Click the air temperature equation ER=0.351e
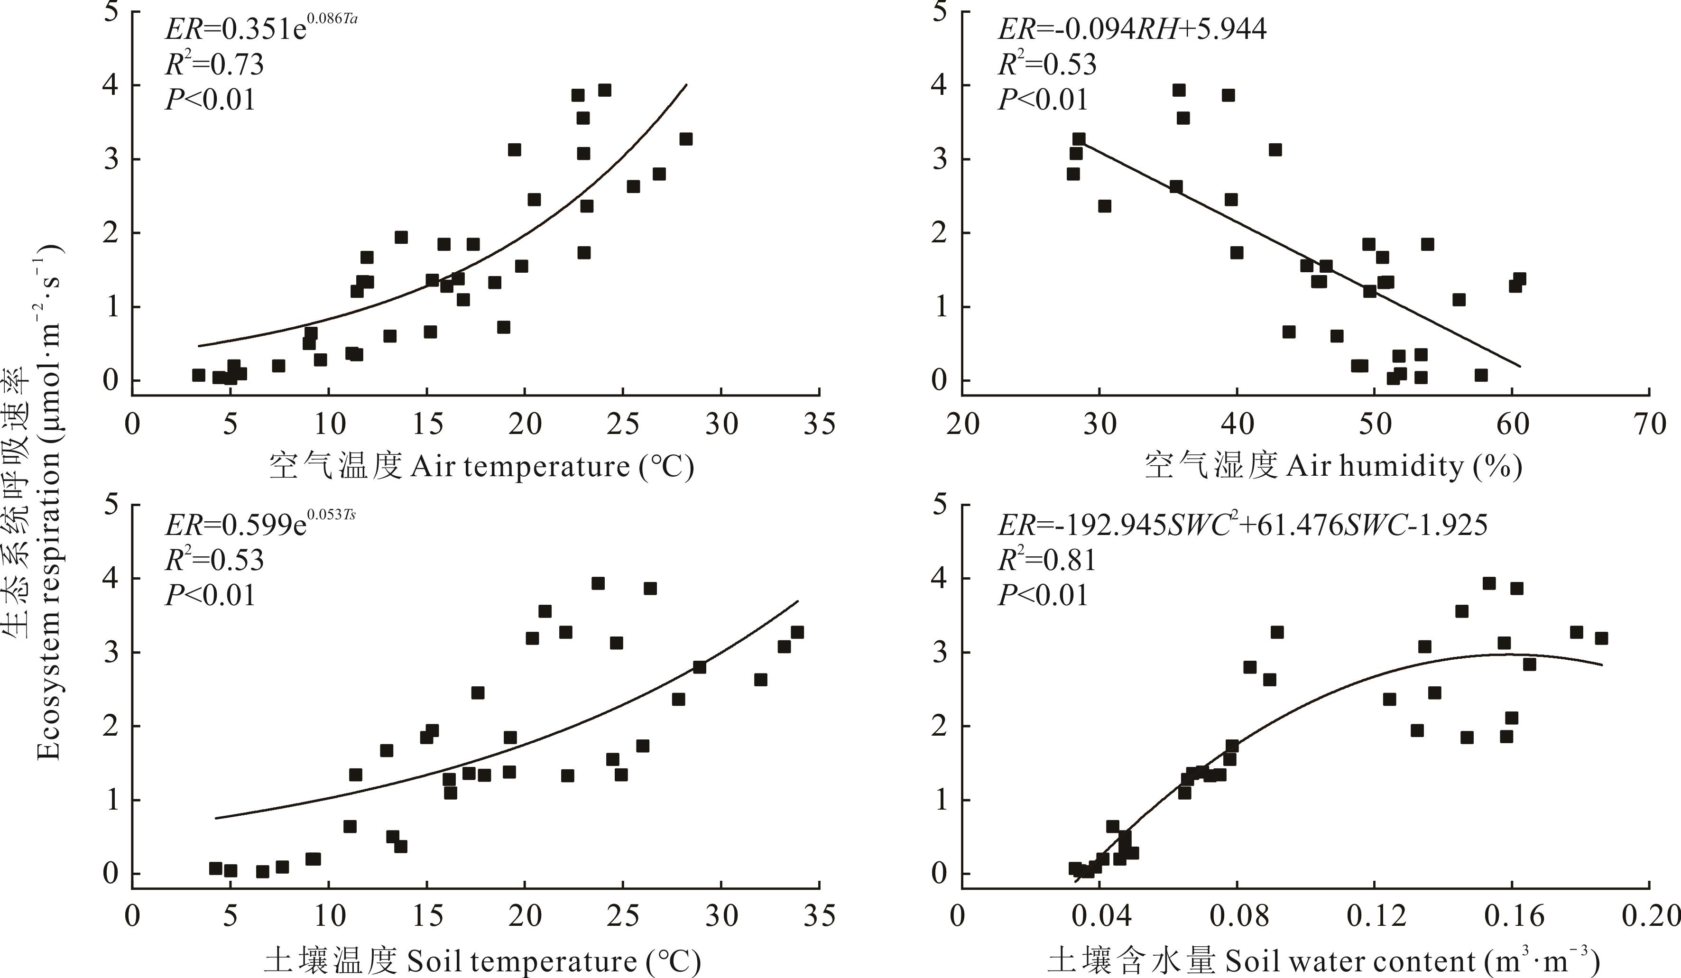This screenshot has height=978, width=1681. (x=260, y=30)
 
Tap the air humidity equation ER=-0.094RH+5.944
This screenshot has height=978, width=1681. (x=1131, y=29)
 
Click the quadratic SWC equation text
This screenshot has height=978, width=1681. (x=1242, y=526)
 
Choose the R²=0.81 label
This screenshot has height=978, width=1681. (x=1047, y=559)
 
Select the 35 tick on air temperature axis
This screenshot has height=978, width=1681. (x=819, y=424)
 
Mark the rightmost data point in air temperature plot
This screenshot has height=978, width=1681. (x=686, y=139)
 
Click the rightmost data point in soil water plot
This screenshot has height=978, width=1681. (x=1601, y=638)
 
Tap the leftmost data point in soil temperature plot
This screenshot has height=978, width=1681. (x=215, y=868)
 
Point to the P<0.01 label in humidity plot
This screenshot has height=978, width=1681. (x=1043, y=100)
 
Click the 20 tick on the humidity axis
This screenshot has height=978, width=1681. (x=962, y=424)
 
